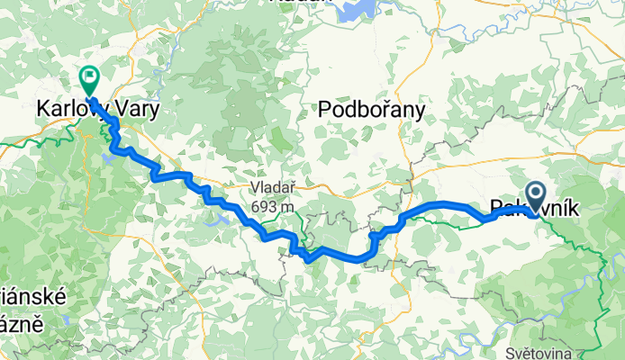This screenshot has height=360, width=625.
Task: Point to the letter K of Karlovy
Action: tap(42, 109)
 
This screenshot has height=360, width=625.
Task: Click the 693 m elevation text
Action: tap(274, 207)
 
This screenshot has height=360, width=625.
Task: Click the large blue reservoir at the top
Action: tap(356, 8)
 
